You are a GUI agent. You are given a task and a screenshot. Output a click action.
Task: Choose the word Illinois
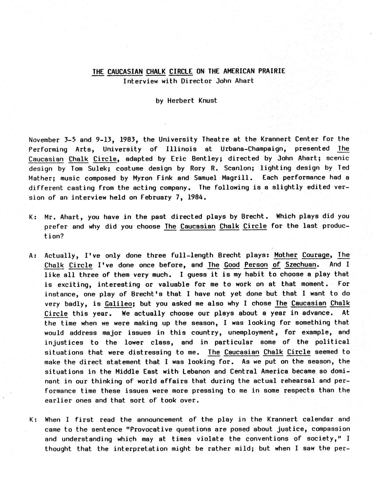coord(181,149)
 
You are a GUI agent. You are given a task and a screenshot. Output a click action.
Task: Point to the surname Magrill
coord(238,178)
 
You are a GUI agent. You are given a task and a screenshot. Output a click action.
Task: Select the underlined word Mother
coord(286,255)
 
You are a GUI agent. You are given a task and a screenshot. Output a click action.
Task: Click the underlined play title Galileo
coord(118,304)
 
